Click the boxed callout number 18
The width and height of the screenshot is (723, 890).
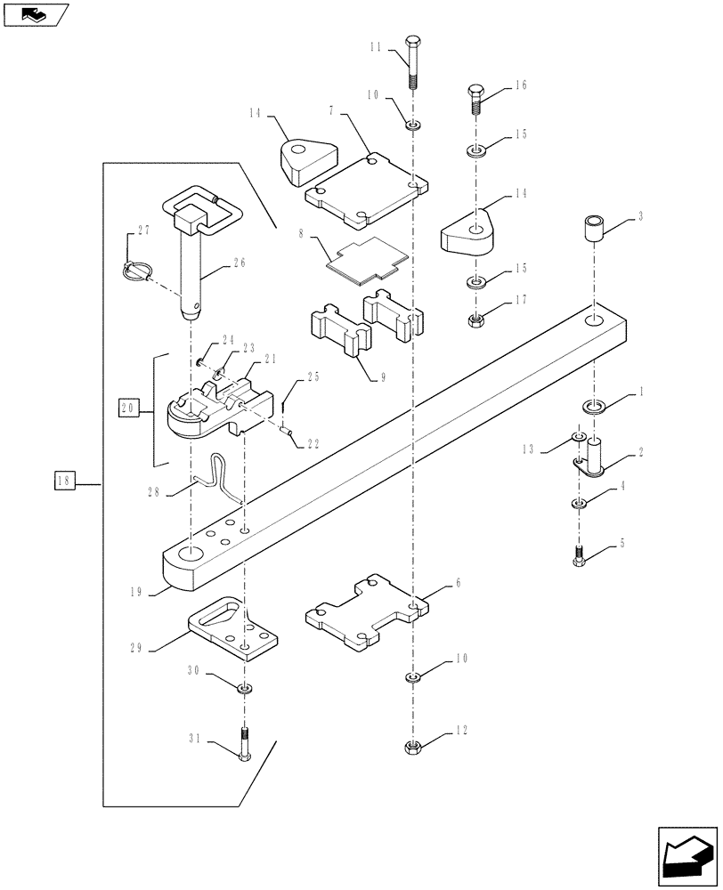[63, 483]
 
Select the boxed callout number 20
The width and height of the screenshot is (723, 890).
[127, 409]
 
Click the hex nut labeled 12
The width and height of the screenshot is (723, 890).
[412, 745]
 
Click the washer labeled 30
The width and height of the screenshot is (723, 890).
[244, 687]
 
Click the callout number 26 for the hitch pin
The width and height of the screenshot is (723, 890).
[237, 263]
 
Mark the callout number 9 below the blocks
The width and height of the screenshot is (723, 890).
[381, 377]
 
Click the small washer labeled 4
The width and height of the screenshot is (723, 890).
[579, 505]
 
